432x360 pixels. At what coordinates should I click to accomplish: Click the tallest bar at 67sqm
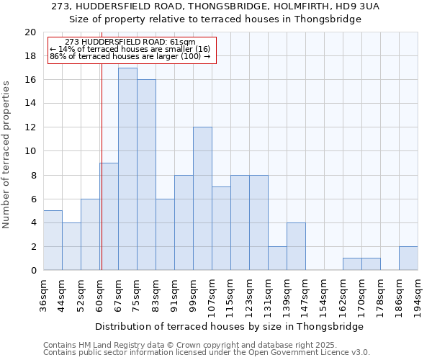tap(127, 169)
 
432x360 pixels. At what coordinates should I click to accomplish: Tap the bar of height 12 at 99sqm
tap(202, 199)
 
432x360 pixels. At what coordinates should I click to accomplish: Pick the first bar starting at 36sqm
tap(53, 240)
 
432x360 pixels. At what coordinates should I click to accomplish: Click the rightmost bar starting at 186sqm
tap(408, 258)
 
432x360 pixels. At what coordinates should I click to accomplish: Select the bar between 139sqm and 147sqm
tap(296, 246)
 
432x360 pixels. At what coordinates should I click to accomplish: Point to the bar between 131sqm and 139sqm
tap(277, 258)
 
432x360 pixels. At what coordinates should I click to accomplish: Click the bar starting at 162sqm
tap(352, 264)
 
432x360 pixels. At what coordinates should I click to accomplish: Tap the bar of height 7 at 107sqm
tap(221, 228)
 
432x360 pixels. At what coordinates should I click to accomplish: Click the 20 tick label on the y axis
tap(30, 32)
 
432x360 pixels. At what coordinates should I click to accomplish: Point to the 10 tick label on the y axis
tap(30, 151)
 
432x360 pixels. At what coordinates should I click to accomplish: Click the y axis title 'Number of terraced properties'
tap(7, 154)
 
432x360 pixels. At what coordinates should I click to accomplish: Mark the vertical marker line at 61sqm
tap(102, 180)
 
